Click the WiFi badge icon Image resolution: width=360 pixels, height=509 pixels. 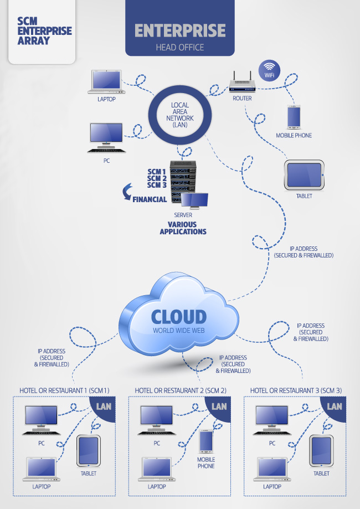270,71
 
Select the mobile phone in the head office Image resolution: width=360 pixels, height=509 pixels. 294,117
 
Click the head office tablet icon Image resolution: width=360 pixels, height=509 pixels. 304,175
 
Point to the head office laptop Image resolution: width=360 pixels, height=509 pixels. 107,82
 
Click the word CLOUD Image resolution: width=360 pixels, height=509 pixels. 179,317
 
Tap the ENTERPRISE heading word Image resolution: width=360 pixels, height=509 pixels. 180,30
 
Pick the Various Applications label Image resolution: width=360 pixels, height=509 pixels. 183,228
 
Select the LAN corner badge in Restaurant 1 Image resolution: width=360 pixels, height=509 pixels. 104,407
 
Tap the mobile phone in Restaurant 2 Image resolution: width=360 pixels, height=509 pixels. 206,441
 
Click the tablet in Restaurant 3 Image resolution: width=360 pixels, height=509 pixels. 321,451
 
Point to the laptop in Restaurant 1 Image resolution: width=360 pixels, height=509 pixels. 41,469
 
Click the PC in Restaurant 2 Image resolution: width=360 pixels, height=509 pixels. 156,419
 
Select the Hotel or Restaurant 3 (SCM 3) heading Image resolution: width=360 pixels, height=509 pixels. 296,390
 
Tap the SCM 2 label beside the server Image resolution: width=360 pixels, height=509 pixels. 157,178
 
